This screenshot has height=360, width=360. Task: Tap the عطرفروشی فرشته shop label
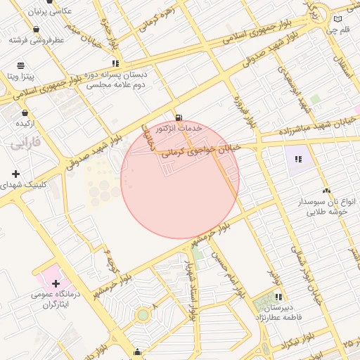pos(37,40)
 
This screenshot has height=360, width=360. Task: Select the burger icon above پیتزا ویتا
pos(20,65)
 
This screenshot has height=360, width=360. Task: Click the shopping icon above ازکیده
pos(25,112)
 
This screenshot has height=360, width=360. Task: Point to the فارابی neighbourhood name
pos(26,143)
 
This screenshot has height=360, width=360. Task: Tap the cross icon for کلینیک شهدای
pos(15,174)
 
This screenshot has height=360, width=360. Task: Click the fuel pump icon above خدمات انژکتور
pos(179,117)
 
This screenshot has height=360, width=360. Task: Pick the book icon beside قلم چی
pos(338,19)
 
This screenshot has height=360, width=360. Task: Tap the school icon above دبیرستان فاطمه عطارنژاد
pos(279,297)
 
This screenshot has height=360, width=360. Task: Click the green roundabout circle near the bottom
pos(143,315)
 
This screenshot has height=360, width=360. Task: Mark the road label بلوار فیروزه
pos(243,112)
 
